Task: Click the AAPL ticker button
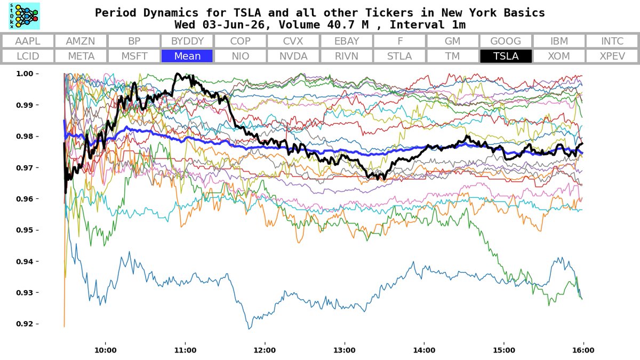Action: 28,41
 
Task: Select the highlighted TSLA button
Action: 506,56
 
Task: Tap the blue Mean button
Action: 187,56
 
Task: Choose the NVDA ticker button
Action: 293,56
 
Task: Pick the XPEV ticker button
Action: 612,56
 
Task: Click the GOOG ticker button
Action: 506,41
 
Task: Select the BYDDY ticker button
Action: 187,41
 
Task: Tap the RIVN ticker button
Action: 346,56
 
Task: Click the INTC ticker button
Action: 612,41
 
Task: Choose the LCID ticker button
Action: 28,56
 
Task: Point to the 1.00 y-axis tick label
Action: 25,74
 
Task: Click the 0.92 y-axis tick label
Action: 25,324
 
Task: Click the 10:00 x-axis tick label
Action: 106,350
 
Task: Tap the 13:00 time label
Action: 345,350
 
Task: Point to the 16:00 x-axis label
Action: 583,350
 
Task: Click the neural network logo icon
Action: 25,16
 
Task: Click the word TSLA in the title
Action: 247,13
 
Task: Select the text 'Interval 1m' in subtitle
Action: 428,25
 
